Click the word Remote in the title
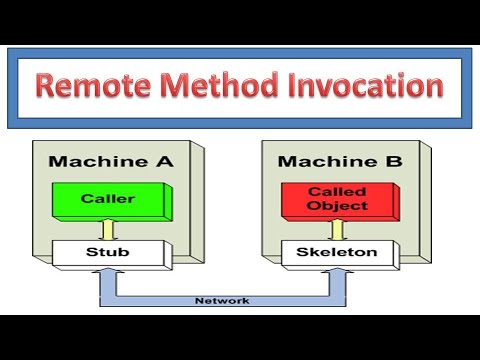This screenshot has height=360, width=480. pos(95,85)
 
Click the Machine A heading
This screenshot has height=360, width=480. pos(107,162)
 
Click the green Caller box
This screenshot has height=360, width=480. pos(106,198)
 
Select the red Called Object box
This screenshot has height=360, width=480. pos(323,198)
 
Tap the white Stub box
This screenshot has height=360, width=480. pos(106,253)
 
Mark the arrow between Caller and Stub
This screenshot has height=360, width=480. pos(106,228)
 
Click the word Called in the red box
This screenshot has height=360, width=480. pos(323,190)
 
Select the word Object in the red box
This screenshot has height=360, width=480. pos(323,206)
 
